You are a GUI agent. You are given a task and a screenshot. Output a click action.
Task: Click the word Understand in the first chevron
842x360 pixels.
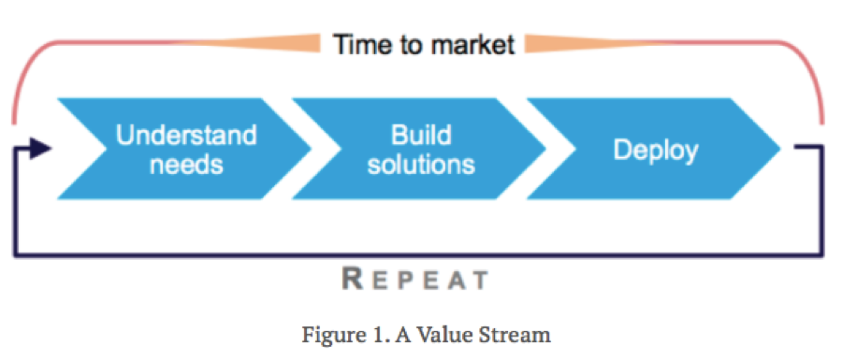pos(186,135)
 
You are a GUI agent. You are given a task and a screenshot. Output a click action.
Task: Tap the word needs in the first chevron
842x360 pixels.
pos(186,165)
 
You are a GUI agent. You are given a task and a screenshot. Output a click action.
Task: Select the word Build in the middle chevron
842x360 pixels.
pos(420,135)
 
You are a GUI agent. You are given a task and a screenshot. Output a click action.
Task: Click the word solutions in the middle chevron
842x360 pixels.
pos(420,165)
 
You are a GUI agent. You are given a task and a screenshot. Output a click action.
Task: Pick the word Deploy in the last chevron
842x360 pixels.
pos(655,150)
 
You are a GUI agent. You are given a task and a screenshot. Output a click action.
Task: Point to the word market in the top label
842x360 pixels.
pos(471,44)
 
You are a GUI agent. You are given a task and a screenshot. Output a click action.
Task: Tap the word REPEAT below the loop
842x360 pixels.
pos(414,279)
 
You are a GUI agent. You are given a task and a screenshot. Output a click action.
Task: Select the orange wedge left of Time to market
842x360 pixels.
pos(271,43)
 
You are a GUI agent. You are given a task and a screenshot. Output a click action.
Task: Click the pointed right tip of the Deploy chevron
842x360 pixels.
pos(778,149)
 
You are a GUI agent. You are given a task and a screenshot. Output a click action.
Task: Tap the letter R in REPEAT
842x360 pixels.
pos(352,278)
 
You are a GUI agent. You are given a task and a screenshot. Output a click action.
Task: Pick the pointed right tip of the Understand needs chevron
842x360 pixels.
pos(310,149)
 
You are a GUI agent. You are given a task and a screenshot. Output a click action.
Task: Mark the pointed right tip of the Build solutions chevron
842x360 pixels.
pos(544,149)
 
